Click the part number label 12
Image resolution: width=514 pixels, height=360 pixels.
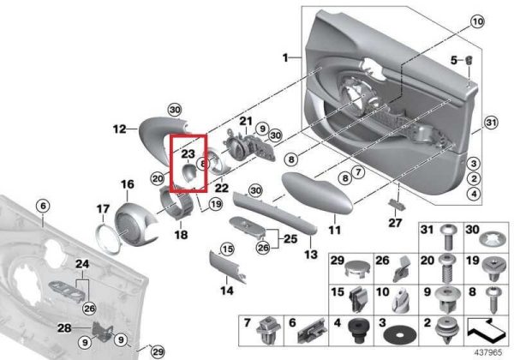[x=119, y=129]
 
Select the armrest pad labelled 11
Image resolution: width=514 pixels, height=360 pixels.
[x=317, y=193]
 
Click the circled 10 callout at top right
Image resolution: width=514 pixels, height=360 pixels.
[x=477, y=22]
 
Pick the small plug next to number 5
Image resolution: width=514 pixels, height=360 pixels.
[x=469, y=60]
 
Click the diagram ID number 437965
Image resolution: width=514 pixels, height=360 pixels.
[x=488, y=353]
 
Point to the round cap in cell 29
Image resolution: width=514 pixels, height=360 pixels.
[x=357, y=269]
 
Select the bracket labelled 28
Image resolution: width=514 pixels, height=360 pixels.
[x=103, y=331]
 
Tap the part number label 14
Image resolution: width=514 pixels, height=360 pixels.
[x=227, y=291]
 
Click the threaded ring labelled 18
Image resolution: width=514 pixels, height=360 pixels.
[x=177, y=203]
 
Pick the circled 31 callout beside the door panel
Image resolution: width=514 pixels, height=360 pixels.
[x=490, y=123]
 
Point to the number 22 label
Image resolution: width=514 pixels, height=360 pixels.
[x=221, y=188]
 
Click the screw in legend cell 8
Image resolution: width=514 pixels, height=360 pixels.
[x=492, y=300]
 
